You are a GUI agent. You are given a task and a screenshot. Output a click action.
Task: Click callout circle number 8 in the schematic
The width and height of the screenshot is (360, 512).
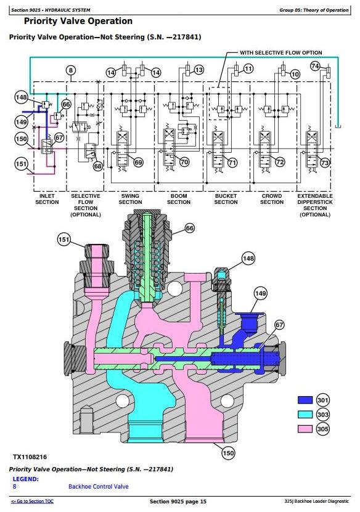pos(71,70)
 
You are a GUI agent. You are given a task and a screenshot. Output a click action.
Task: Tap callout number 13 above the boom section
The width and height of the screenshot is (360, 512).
pos(198,70)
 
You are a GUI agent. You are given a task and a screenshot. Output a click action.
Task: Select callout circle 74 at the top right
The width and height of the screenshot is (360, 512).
pos(315,67)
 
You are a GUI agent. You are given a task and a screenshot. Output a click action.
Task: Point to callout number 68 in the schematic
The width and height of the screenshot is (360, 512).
pos(97,166)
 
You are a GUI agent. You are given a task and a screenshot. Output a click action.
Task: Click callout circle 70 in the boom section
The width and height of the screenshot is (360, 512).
pos(184,162)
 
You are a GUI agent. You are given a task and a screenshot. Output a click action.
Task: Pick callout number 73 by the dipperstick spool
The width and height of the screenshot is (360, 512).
pos(325,163)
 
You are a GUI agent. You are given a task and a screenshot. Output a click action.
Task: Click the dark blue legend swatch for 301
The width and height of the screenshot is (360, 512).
pos(305,400)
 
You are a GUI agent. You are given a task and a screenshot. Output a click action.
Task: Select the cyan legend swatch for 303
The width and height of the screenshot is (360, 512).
pos(305,415)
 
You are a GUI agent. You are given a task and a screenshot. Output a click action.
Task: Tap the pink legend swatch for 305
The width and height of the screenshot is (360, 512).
pos(305,429)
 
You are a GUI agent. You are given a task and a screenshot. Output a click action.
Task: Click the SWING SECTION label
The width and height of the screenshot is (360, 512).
pos(130,199)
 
